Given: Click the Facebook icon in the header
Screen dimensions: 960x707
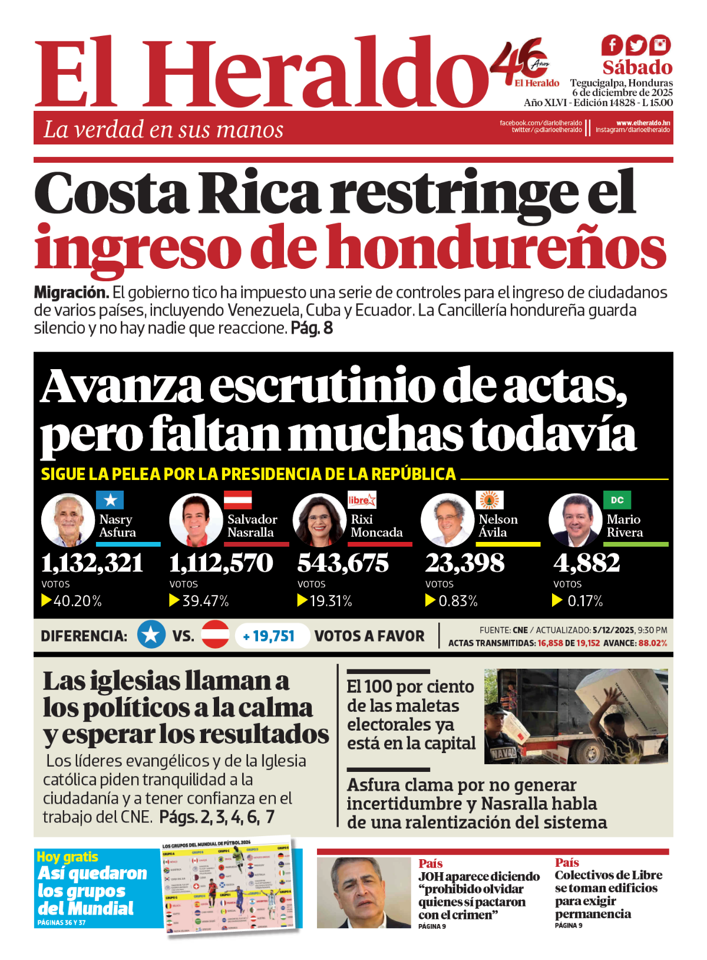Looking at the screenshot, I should (612, 45).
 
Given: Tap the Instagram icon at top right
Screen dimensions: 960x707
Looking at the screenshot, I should (660, 45).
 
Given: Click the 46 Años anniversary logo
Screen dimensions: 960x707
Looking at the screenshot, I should (524, 62).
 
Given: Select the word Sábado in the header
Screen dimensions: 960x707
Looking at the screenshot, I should (637, 67).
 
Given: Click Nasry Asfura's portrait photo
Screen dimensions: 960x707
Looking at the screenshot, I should (68, 520).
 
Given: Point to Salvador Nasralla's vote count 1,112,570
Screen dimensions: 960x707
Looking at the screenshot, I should (221, 563).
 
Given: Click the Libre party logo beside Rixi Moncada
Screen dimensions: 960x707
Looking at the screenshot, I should (362, 500).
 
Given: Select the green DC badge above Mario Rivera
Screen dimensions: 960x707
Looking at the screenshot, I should (617, 500).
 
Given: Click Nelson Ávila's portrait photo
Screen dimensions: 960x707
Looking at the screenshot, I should (447, 520).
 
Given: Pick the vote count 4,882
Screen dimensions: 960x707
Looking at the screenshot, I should (586, 563).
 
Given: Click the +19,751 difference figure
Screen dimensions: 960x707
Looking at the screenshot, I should (270, 636).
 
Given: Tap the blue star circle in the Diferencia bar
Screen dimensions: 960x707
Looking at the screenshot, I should (151, 634).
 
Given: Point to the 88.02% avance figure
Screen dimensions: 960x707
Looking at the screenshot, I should (653, 643).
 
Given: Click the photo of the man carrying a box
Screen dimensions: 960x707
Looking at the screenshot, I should (576, 716).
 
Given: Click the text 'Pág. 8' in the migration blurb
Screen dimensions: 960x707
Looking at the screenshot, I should (312, 328).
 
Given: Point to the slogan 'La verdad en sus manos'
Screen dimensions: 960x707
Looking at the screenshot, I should (163, 129).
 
